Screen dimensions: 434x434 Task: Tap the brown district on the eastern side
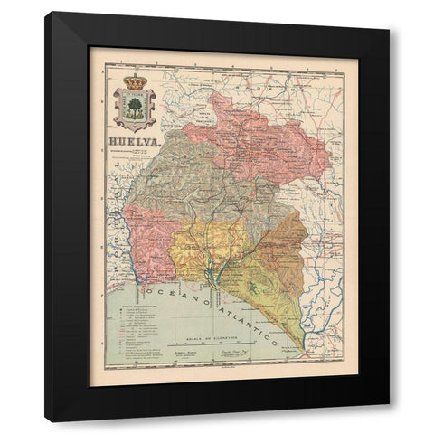280,240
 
